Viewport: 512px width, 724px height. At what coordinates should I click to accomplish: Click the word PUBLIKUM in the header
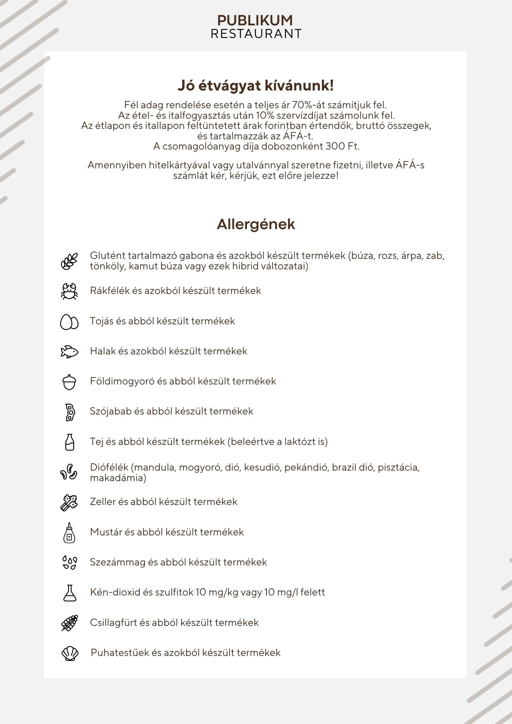(x=255, y=20)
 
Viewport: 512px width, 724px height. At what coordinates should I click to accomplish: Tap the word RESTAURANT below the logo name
(x=256, y=34)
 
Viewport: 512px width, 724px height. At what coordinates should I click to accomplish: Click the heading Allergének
(x=256, y=224)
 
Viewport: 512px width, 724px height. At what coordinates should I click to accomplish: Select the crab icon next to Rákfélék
(x=69, y=291)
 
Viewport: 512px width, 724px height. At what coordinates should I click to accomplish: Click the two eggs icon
(x=69, y=321)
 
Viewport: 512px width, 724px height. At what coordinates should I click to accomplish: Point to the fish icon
(x=69, y=352)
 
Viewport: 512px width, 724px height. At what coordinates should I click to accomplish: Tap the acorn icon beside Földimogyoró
(x=69, y=382)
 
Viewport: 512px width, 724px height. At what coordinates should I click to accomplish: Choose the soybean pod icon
(x=70, y=412)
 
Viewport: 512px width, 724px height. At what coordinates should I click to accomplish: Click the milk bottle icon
(x=70, y=442)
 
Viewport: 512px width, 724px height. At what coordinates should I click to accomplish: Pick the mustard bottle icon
(x=69, y=533)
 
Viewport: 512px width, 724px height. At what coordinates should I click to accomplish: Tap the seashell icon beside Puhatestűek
(x=70, y=653)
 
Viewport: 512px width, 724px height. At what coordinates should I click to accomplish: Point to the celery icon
(x=69, y=502)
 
